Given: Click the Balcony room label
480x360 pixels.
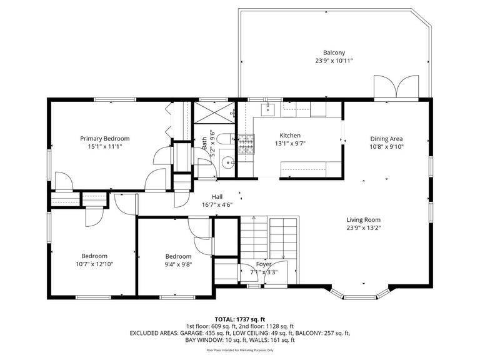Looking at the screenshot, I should [334, 53].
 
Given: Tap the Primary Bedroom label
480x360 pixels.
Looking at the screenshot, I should [104, 138].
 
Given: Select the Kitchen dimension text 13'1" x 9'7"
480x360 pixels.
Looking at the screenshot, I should [290, 143].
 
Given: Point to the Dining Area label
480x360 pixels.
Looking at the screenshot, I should [386, 139].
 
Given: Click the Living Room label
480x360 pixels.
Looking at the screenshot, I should [364, 220].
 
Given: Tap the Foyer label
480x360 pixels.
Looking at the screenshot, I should [264, 264].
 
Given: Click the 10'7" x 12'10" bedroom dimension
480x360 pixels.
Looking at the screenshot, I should [94, 264].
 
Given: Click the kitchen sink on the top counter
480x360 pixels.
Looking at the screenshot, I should [269, 109].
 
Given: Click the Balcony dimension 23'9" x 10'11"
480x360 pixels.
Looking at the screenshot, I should [334, 61].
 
